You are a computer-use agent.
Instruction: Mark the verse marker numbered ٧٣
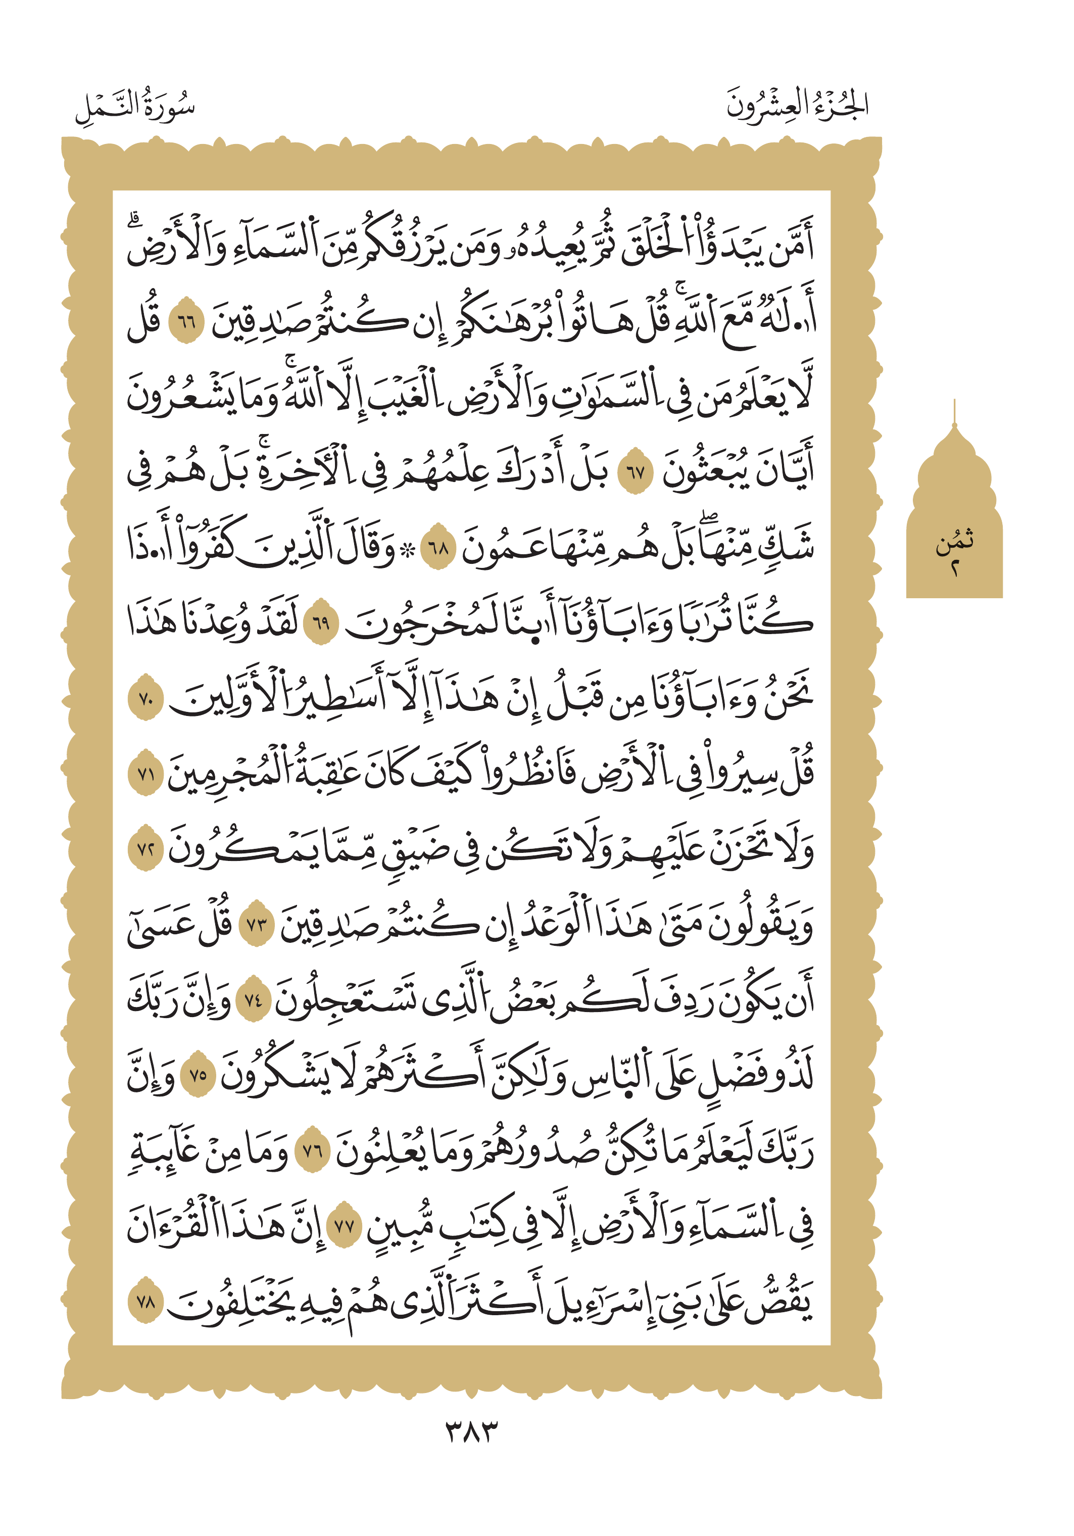coord(257,925)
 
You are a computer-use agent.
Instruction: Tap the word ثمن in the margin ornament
coord(954,541)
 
